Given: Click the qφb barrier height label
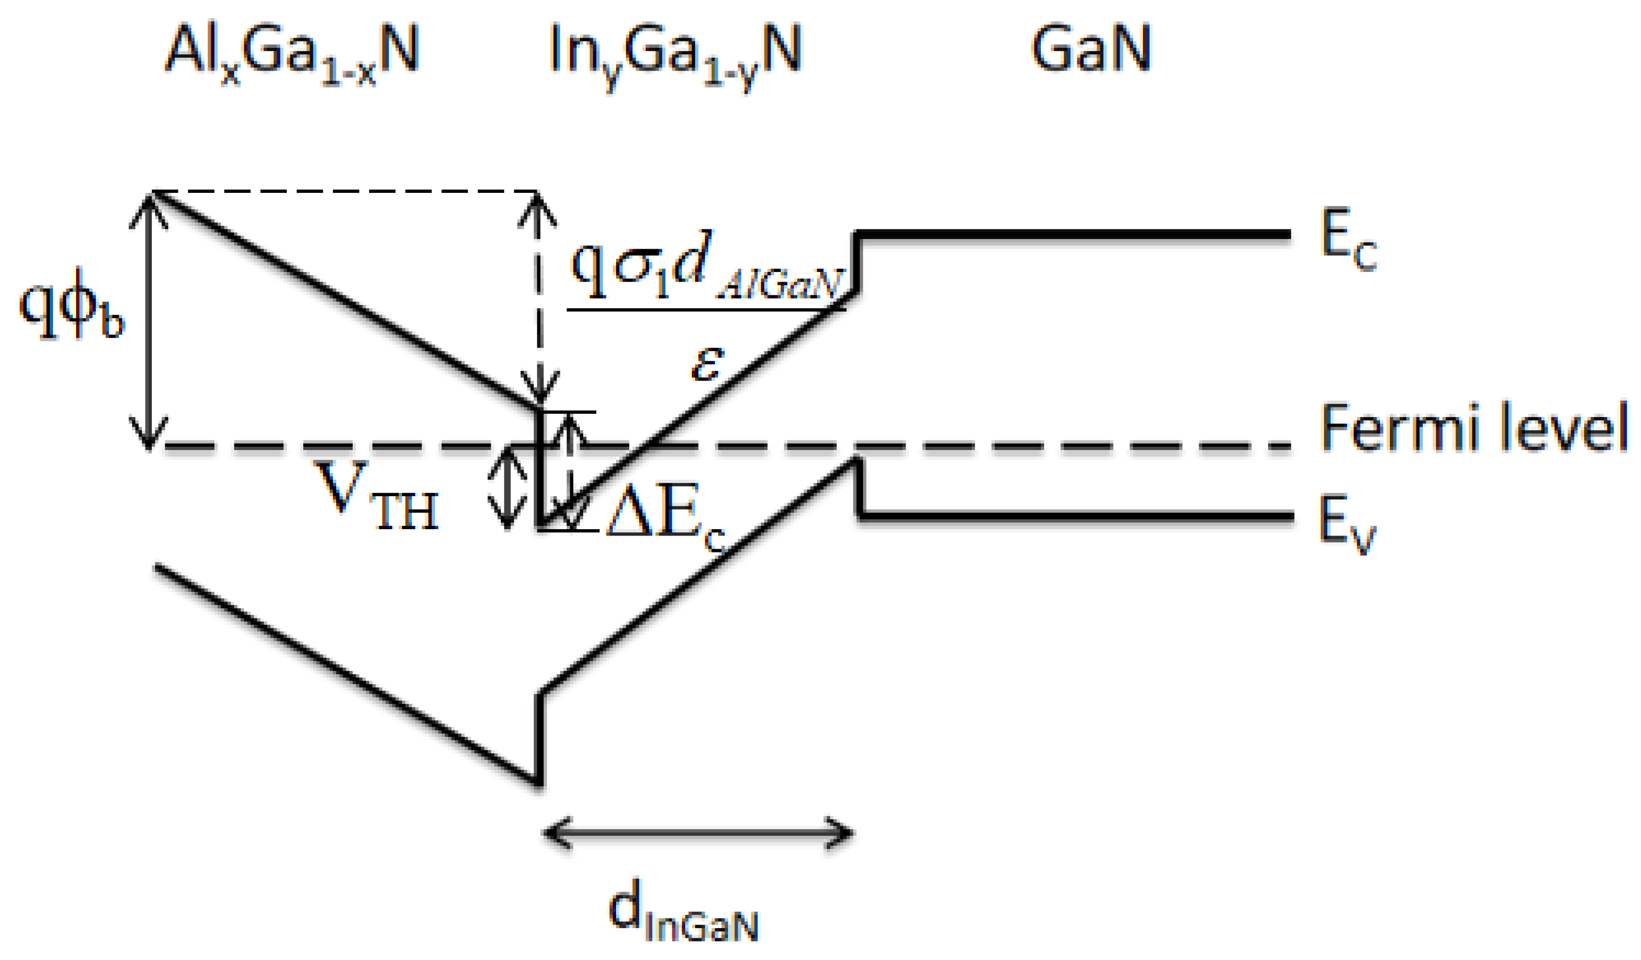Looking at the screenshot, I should pos(72,306).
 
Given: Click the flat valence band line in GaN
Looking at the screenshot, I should pos(1074,516).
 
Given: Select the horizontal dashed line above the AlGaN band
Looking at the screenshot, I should pos(345,191).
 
